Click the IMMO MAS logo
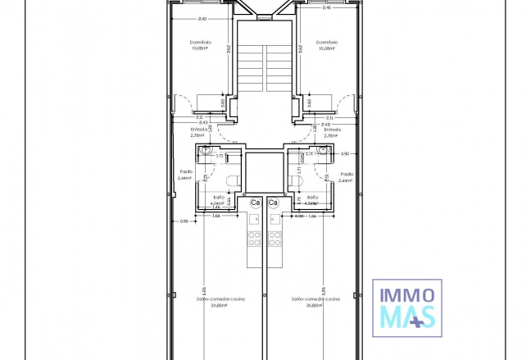tap(408, 306)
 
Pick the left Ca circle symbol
tap(256, 203)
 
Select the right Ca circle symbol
tap(273, 203)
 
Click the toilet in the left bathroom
tap(232, 180)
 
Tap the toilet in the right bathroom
tap(296, 180)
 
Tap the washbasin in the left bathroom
tap(204, 153)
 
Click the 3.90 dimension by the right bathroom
tap(345, 153)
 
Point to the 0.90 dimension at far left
tap(184, 221)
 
